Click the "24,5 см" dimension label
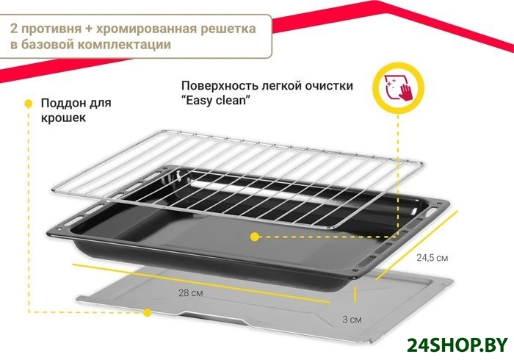pyautogui.click(x=432, y=258)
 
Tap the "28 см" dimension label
pyautogui.click(x=190, y=294)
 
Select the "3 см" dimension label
pyautogui.click(x=352, y=320)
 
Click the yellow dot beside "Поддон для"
pyautogui.click(x=28, y=103)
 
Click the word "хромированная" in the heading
pyautogui.click(x=147, y=29)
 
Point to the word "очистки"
pyautogui.click(x=327, y=85)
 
